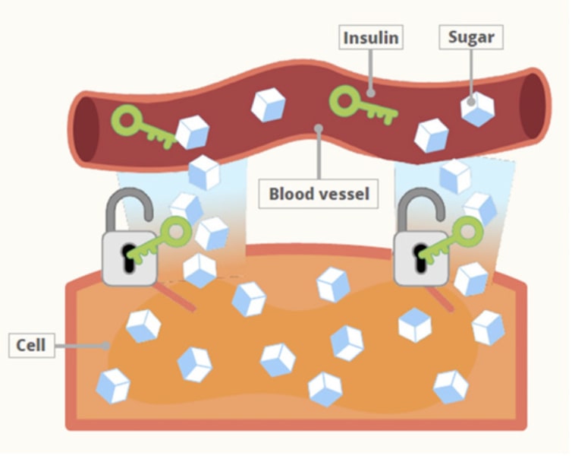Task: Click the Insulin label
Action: pos(371,37)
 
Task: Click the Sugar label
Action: pos(470,36)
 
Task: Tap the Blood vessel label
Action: pos(319,194)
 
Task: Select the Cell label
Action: pos(31,346)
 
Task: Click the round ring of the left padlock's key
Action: pos(177,230)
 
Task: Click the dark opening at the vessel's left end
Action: pos(86,128)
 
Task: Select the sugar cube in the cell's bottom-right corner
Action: pos(451,386)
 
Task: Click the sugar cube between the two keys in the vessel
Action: pos(268,105)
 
